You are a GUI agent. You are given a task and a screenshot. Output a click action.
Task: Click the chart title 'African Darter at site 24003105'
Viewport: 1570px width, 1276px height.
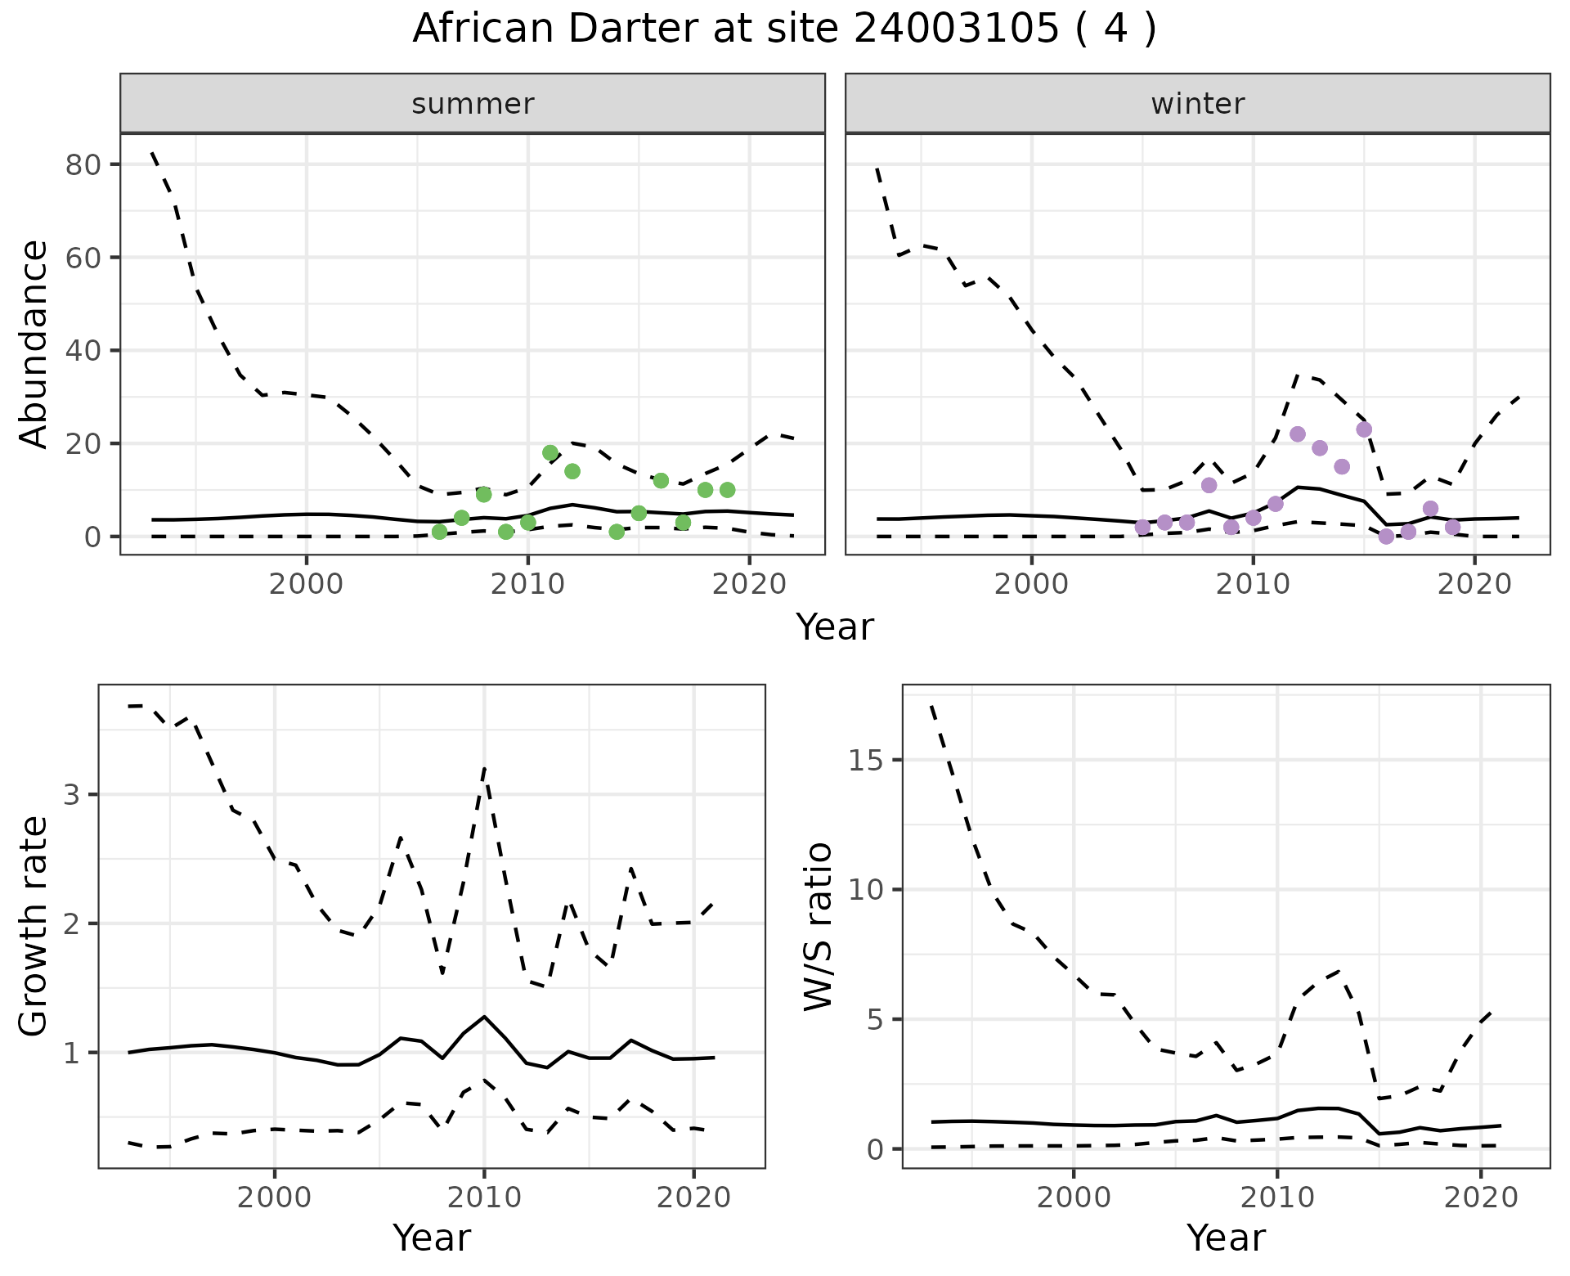783,29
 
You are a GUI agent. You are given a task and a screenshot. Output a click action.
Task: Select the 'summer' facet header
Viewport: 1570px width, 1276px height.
472,104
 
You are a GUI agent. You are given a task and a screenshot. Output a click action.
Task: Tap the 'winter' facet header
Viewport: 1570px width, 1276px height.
1197,104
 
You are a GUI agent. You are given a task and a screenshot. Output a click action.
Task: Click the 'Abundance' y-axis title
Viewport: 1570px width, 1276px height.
34,344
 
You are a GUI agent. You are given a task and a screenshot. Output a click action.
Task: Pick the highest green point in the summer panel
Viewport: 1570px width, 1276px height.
550,453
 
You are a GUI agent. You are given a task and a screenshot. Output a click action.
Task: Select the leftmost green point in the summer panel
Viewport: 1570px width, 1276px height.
439,532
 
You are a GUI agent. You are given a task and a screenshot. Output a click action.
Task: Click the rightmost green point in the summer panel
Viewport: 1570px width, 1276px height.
727,490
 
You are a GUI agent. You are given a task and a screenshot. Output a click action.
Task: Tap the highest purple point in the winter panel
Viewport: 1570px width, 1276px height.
1364,429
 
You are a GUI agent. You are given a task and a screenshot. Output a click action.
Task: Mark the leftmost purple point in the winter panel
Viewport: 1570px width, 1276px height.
1142,528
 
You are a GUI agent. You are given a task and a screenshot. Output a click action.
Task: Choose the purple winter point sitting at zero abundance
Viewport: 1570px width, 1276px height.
1386,537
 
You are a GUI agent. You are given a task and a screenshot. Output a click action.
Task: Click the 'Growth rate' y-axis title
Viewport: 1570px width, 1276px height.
34,927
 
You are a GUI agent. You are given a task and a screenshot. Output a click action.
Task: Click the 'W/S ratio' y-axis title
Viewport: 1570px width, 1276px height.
818,927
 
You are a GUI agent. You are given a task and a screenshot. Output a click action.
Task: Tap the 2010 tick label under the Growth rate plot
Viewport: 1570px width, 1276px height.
484,1198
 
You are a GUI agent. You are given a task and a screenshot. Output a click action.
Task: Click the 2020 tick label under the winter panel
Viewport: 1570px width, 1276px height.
1474,585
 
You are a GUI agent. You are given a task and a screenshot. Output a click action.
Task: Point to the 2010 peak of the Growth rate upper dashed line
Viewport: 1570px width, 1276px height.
484,769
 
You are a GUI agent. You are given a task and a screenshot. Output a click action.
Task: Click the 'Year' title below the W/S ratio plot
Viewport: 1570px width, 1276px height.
1226,1238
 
